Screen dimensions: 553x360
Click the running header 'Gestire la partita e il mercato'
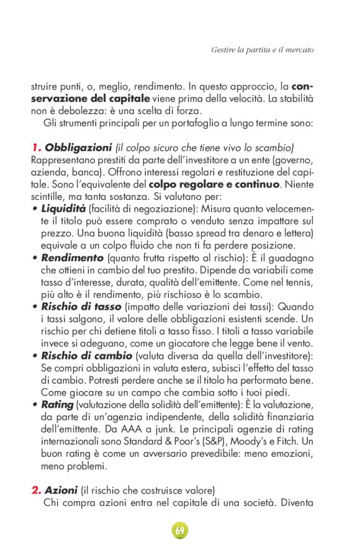coord(262,49)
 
